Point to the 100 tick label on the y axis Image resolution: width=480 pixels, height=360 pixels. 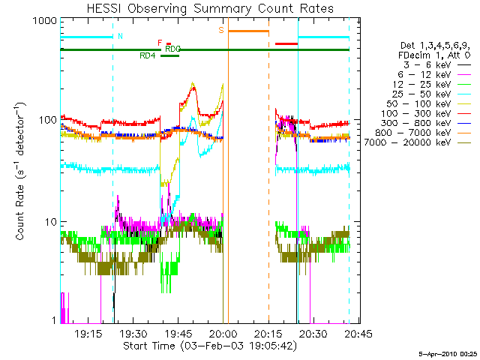47,121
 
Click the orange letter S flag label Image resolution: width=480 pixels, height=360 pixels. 221,30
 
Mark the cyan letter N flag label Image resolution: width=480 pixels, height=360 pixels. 121,36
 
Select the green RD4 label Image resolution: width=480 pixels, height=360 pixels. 148,55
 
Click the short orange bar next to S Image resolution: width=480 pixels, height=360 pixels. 248,31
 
